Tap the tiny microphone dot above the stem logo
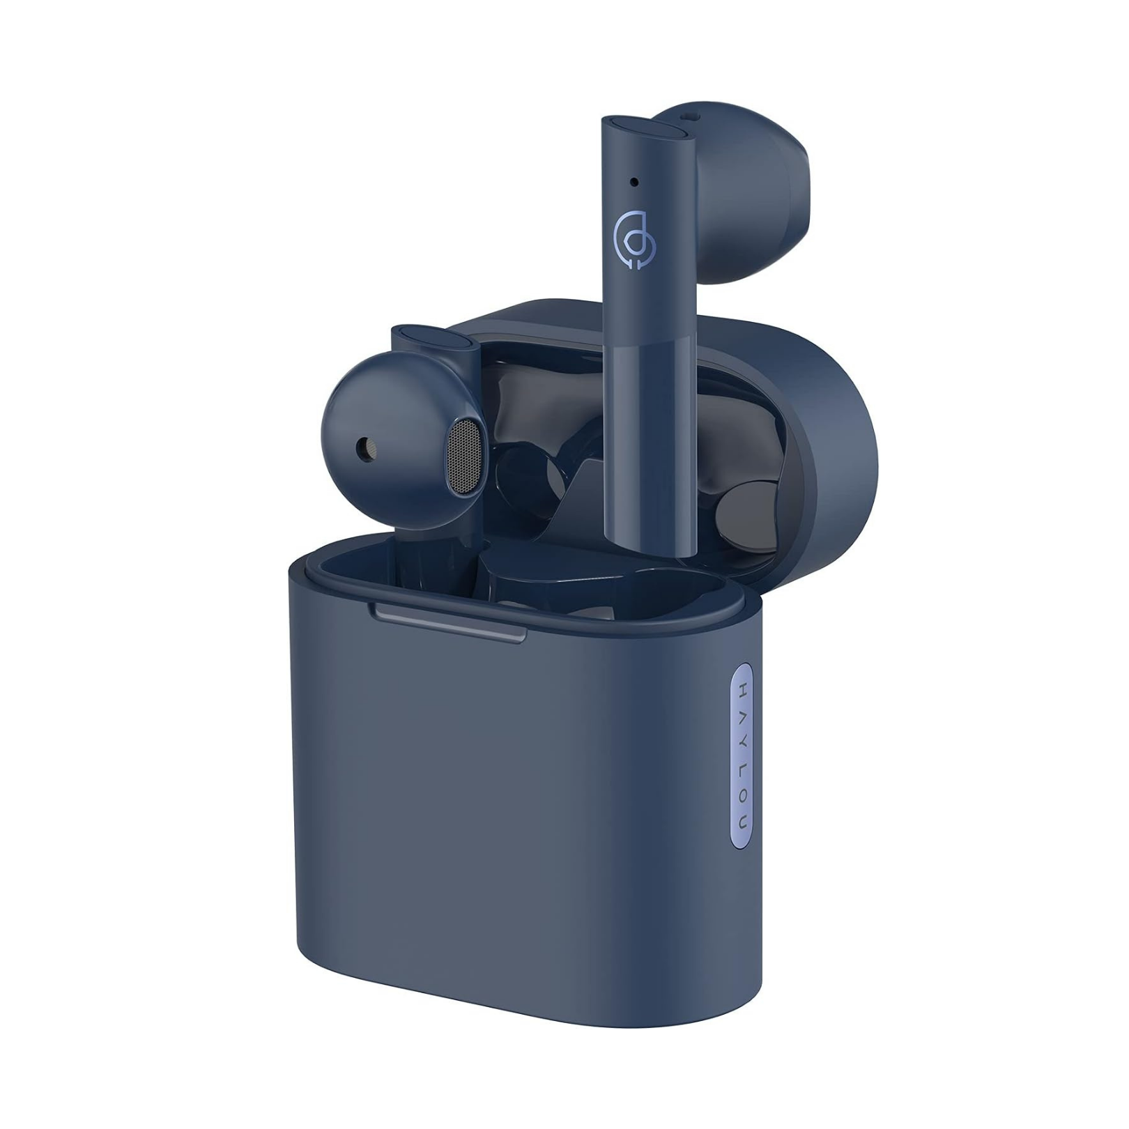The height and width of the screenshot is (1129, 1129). [x=634, y=182]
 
